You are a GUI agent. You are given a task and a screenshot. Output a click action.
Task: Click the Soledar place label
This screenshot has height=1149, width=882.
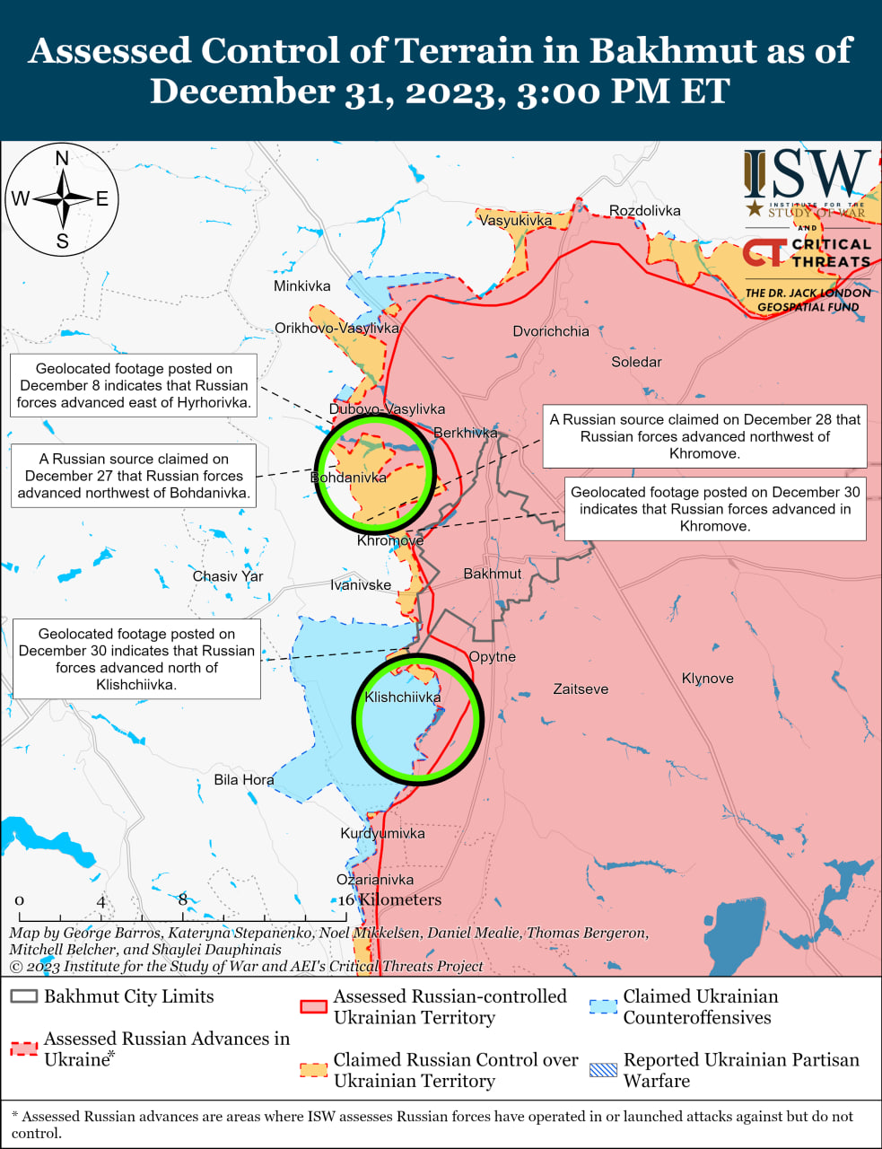point(636,362)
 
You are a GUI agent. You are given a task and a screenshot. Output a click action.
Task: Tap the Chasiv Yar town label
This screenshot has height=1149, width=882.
point(228,576)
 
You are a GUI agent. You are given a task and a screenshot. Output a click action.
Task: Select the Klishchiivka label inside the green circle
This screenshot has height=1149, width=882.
point(403,697)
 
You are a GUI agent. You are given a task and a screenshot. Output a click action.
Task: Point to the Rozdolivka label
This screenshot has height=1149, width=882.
point(644,211)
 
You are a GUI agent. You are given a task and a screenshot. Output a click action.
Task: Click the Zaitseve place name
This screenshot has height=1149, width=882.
point(581,689)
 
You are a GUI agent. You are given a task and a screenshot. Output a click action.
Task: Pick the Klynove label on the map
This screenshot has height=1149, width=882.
point(707,679)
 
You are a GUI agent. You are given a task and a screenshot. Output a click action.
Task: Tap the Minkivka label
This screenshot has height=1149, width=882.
point(301,286)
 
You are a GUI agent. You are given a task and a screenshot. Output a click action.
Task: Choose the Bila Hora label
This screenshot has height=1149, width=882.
point(244,780)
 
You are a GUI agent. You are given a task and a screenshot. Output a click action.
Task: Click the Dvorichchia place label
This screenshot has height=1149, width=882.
point(551,331)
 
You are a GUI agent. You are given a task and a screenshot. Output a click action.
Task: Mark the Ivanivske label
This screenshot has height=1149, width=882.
point(361,585)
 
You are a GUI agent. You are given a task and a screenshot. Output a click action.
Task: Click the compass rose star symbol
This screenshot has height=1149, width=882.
point(62,198)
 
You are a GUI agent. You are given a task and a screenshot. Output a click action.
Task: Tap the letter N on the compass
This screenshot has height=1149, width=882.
point(62,159)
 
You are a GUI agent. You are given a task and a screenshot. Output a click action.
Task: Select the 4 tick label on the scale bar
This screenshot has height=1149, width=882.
point(101,901)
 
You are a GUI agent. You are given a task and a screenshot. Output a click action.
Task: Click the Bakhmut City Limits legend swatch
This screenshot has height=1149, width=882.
point(24,997)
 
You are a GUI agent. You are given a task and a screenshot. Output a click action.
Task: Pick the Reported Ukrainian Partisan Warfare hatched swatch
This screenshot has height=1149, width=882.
point(603,1070)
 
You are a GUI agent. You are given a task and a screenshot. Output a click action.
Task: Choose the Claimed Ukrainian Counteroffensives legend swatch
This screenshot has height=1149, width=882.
point(603,1006)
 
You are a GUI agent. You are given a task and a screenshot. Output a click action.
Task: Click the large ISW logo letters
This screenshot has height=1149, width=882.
point(807,175)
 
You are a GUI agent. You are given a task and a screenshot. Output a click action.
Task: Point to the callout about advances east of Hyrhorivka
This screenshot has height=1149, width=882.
point(134,386)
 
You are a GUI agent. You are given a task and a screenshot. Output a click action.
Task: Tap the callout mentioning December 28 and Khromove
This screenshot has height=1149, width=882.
point(704,436)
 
